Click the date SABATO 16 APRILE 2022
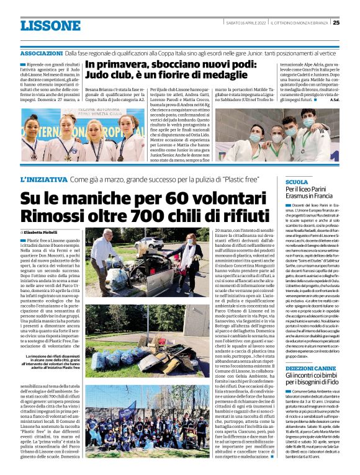(246, 23)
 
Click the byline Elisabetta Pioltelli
(44, 231)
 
